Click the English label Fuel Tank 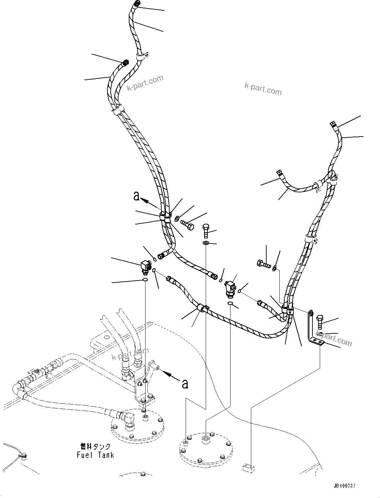95,455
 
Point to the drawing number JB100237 344,486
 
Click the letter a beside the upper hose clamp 136,196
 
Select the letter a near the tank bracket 184,384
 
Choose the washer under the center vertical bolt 206,242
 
